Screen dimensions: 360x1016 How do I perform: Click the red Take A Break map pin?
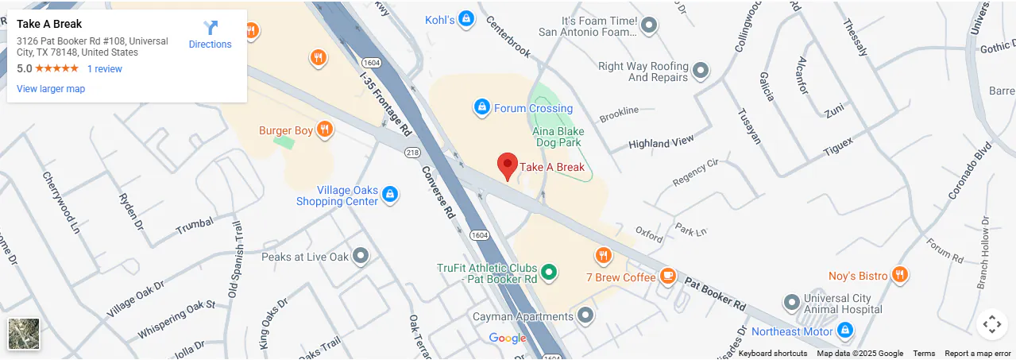coord(508,165)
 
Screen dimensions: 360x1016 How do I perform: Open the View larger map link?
coord(51,89)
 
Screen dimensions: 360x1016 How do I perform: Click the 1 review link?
coord(105,69)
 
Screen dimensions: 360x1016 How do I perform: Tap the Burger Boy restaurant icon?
coord(324,130)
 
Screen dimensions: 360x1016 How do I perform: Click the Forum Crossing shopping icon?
coord(481,106)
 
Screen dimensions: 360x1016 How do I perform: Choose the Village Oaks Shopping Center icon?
coord(389,193)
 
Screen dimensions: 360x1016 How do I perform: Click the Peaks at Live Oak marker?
coord(361,256)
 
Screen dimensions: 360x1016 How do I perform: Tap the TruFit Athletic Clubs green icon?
coord(548,271)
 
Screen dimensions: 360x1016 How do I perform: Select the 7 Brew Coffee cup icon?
coord(668,276)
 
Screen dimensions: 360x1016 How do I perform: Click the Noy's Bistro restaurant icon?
coord(899,275)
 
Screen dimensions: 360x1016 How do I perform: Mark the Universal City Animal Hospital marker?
coord(791,303)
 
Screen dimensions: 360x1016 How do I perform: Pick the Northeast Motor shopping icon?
coord(845,330)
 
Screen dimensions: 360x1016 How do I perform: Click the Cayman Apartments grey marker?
coord(585,315)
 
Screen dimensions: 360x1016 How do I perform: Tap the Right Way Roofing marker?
coord(701,72)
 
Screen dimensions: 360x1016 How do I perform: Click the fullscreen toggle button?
coord(991,323)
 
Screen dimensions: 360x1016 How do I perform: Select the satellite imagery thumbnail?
coord(24,334)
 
